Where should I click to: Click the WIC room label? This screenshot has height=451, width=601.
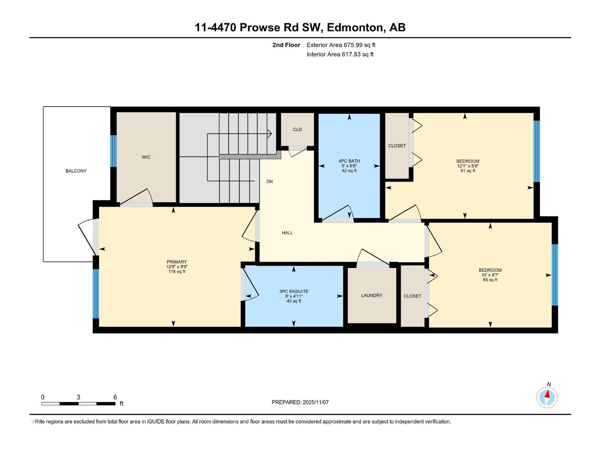click(x=146, y=157)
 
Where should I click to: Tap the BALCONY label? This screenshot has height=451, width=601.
click(x=76, y=171)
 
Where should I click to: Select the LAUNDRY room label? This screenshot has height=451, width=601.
click(x=371, y=295)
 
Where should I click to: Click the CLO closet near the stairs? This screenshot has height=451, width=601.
click(x=297, y=129)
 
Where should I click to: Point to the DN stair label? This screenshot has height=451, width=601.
click(x=269, y=182)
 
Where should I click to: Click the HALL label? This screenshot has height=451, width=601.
click(x=287, y=233)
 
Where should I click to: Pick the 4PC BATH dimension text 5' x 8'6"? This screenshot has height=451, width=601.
click(x=349, y=166)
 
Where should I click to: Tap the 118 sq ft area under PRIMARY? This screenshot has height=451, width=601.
click(x=177, y=271)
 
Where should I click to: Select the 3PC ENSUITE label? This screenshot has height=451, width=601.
click(x=294, y=291)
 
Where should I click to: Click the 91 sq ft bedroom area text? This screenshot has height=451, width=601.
click(x=468, y=171)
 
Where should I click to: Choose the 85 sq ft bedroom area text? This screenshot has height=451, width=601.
click(x=490, y=280)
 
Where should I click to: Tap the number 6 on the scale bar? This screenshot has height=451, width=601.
click(x=115, y=397)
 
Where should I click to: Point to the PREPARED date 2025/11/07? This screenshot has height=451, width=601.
click(x=315, y=402)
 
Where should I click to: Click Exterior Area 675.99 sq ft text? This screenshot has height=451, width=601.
click(x=341, y=45)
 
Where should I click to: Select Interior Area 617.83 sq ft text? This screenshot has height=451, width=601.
click(x=340, y=54)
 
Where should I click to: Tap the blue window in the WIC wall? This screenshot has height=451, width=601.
click(x=113, y=151)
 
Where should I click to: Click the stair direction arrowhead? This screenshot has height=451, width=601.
click(x=270, y=133)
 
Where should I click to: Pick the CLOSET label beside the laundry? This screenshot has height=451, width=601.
click(x=412, y=296)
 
